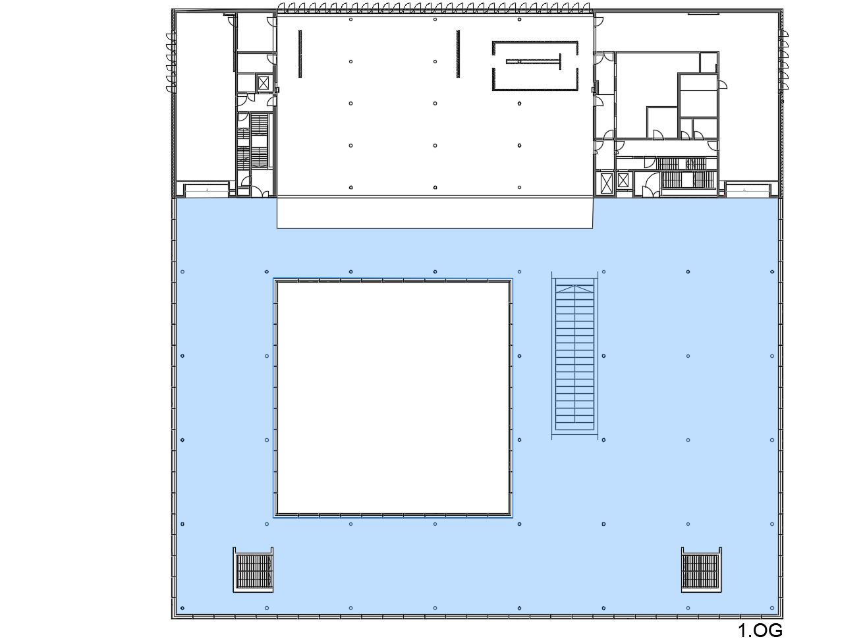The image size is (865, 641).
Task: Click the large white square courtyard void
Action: [x=393, y=398]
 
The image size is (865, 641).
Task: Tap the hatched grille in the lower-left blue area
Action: [x=253, y=570]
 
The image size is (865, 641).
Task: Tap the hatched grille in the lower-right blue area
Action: [x=701, y=570]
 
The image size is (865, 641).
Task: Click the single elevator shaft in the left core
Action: [x=264, y=83]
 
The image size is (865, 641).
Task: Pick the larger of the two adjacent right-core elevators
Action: [x=607, y=182]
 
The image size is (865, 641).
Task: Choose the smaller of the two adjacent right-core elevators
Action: [x=623, y=180]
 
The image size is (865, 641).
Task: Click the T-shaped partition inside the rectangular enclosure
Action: [x=534, y=62]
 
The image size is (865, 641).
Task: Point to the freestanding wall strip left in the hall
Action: [x=300, y=54]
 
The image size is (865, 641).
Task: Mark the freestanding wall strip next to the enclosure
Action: [x=458, y=54]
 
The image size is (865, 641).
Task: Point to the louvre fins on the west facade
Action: [x=171, y=63]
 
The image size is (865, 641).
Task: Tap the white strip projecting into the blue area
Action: [x=435, y=213]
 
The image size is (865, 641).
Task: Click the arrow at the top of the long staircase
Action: [x=575, y=289]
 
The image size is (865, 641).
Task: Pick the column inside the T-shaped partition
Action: [x=520, y=62]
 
